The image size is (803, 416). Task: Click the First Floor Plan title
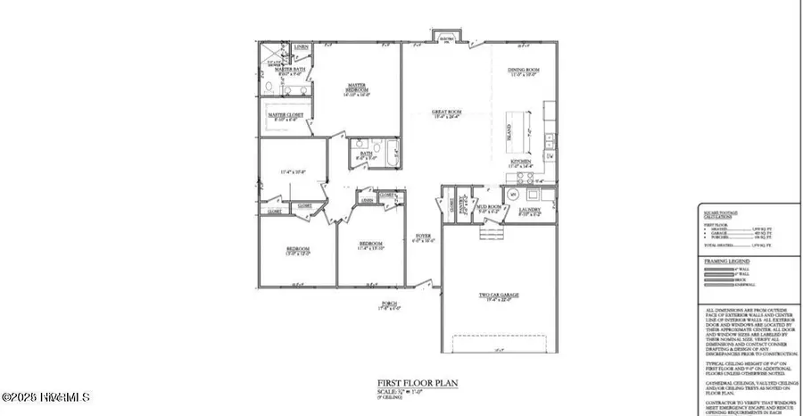(400, 381)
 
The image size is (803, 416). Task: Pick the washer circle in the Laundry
(512, 194)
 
